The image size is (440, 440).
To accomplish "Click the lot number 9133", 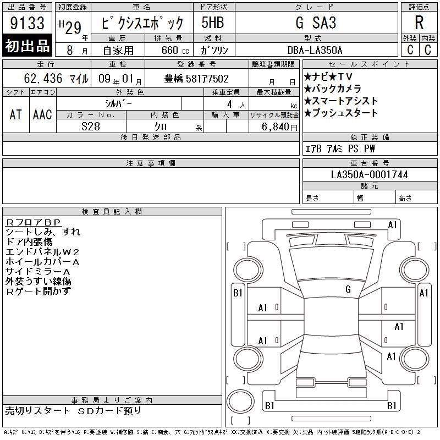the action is tap(27, 23).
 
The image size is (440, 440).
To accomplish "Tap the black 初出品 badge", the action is tap(27, 45).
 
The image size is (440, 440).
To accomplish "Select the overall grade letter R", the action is tap(419, 23).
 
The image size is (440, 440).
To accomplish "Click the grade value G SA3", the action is tap(316, 23).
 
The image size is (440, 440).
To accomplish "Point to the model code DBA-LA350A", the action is tap(315, 50).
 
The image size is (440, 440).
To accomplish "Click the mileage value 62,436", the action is tap(43, 78).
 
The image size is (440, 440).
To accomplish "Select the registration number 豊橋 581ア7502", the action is tap(196, 79).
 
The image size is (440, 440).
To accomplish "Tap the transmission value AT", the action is tap(16, 114).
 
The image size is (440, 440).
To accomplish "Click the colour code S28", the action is tap(91, 127).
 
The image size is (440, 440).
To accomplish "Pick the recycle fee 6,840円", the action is tap(279, 127).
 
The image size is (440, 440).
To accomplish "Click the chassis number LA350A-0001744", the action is tap(369, 174).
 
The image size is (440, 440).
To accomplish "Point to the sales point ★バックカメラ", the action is tap(332, 89).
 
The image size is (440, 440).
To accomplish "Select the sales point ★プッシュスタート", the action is tap(340, 113).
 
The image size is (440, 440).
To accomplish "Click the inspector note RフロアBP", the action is tap(34, 222).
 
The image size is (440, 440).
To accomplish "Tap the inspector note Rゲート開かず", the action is tap(38, 291).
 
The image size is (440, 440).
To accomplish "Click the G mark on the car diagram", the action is tap(348, 289).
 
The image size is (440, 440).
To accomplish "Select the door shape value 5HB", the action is tap(213, 23).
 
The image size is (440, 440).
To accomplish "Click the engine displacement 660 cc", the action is tap(175, 51).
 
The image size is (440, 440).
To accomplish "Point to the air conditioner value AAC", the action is tap(42, 114).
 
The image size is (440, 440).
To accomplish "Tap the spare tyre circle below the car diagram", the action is tap(240, 402).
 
